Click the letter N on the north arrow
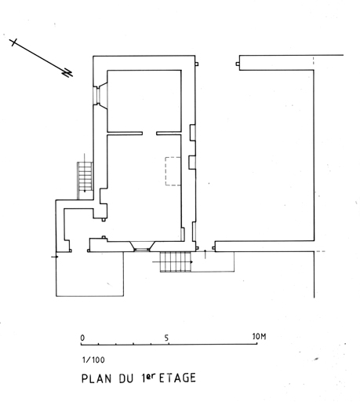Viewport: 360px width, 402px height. click(67, 73)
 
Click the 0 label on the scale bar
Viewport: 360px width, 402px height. click(82, 338)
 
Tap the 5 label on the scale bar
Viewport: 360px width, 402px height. click(166, 338)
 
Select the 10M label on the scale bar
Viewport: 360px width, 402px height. click(260, 337)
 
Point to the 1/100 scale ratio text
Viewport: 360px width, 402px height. click(93, 360)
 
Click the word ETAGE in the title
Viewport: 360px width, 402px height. click(177, 378)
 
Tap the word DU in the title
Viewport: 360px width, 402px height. click(126, 378)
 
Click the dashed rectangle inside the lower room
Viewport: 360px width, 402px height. click(173, 171)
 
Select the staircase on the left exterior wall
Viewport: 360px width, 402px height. click(85, 181)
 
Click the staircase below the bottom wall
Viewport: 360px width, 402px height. click(176, 261)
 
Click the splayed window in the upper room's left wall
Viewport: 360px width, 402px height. click(100, 96)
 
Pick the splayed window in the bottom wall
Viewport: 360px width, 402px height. click(142, 247)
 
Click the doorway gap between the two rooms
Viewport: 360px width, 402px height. click(150, 133)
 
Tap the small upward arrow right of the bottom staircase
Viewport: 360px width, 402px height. click(205, 254)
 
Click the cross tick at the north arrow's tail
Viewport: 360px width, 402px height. click(13, 42)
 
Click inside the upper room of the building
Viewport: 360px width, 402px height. click(144, 101)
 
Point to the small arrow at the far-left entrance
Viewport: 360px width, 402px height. click(55, 257)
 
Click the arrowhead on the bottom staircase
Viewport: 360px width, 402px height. click(191, 261)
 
